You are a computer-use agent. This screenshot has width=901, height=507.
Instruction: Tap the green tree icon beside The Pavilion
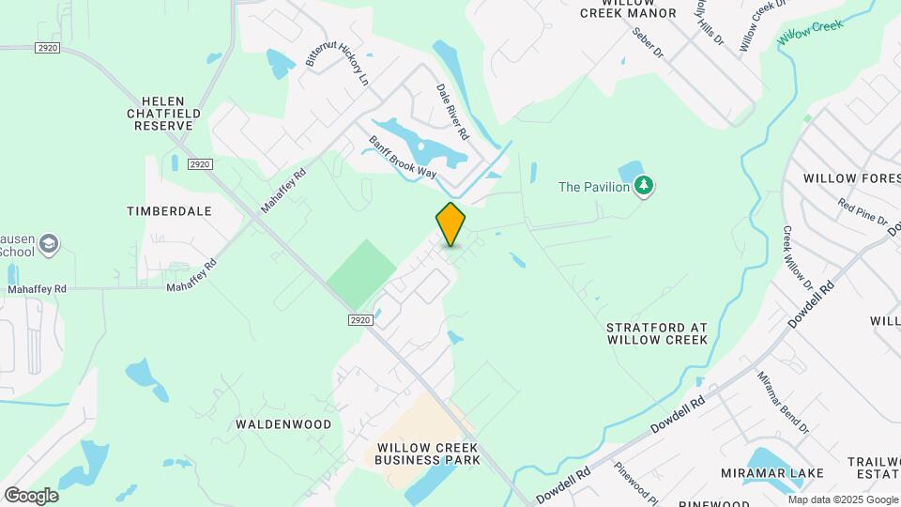point(644,186)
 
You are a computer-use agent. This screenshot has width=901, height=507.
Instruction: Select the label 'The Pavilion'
point(593,187)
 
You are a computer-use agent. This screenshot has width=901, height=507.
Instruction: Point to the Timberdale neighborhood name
point(169,211)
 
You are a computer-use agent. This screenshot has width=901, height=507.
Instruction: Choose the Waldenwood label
point(283,424)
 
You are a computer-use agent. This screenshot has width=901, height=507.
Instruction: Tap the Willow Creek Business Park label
point(427,453)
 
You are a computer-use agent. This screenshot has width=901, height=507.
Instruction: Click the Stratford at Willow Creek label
point(656,333)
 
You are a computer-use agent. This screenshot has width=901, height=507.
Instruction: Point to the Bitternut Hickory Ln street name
point(336,54)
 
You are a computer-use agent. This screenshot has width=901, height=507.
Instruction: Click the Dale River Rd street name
point(451,112)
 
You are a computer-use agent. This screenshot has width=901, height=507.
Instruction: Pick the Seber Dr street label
point(648,43)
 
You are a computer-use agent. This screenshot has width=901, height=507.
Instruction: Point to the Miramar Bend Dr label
point(783,402)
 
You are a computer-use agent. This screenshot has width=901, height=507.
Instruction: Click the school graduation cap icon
point(47,246)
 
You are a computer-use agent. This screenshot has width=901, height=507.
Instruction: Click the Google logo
point(31,496)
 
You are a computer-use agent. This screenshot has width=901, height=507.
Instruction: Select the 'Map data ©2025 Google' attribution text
point(842,499)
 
